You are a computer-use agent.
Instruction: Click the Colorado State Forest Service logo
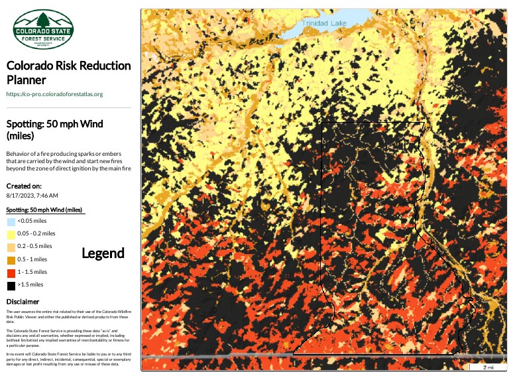tap(44, 30)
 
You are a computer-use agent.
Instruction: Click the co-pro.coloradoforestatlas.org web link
tap(54, 94)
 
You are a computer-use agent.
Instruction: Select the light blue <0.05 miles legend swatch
tap(11, 221)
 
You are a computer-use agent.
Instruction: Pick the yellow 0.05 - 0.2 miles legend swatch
tap(11, 234)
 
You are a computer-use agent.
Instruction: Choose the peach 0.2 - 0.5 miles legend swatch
tap(11, 247)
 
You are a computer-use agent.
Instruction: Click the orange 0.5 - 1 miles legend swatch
tap(11, 259)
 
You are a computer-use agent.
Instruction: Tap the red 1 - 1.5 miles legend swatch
tap(11, 272)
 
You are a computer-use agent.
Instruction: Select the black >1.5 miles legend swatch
tap(11, 285)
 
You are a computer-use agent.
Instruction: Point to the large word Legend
tap(103, 253)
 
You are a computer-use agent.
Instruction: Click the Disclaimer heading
tap(22, 302)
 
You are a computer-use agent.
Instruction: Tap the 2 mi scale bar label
tap(488, 367)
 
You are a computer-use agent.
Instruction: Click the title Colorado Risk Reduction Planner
tap(68, 73)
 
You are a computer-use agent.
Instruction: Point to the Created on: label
tap(24, 186)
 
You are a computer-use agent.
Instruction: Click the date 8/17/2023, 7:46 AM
tap(32, 196)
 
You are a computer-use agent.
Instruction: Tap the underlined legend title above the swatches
tap(44, 210)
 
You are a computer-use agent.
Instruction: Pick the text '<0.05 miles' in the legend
tap(32, 221)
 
